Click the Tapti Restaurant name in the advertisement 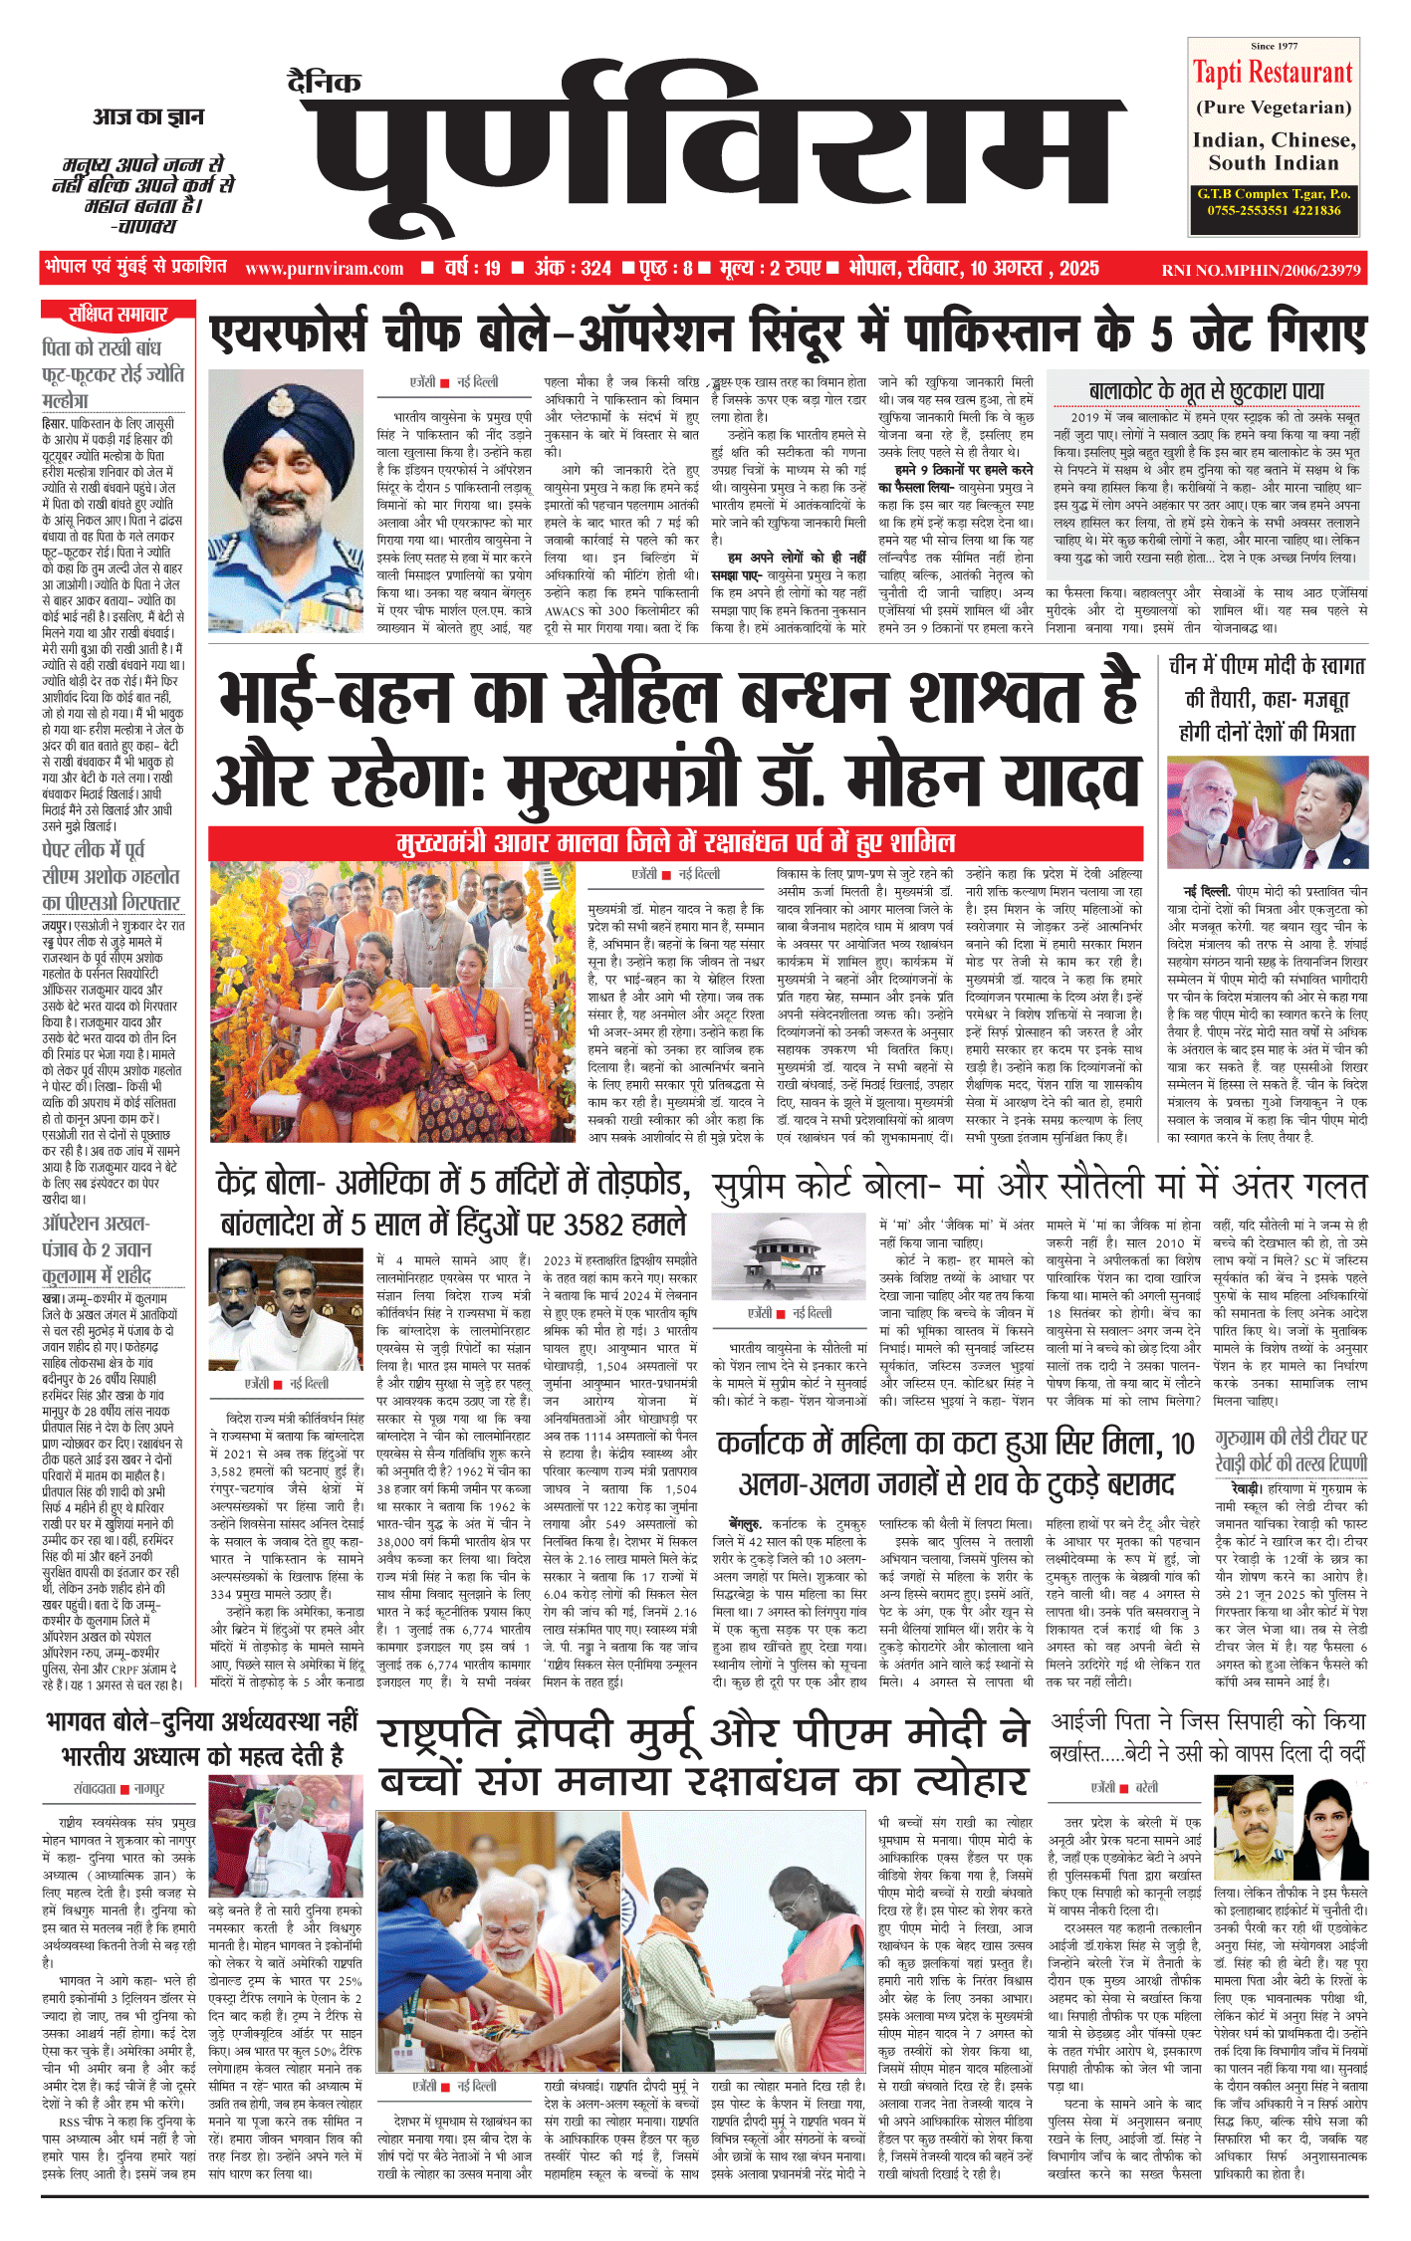tap(1273, 73)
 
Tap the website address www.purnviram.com tap(324, 269)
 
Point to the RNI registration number tap(1261, 270)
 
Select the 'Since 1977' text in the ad tap(1274, 46)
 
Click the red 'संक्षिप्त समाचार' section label tap(118, 315)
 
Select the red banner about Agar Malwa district tap(675, 843)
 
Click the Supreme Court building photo tap(791, 1258)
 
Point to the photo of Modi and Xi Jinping tap(1267, 814)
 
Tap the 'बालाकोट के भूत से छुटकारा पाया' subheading tap(1206, 390)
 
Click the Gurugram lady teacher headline tap(1291, 1451)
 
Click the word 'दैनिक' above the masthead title tap(324, 83)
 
